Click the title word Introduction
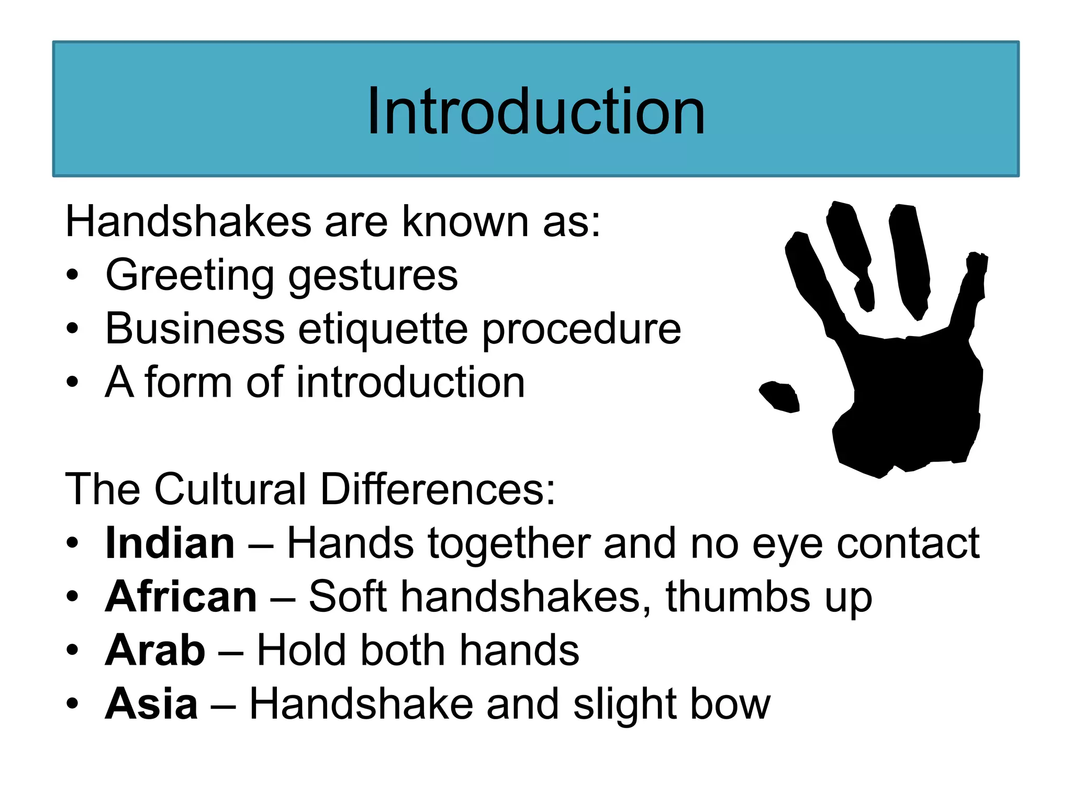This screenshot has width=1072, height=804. tap(535, 111)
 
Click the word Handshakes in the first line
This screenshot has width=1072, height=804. tap(188, 222)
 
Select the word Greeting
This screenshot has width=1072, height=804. tap(189, 276)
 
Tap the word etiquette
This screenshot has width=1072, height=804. tap(383, 330)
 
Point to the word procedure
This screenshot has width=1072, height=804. tap(581, 330)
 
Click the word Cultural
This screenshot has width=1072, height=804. tap(230, 489)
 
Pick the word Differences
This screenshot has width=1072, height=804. tap(438, 489)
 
